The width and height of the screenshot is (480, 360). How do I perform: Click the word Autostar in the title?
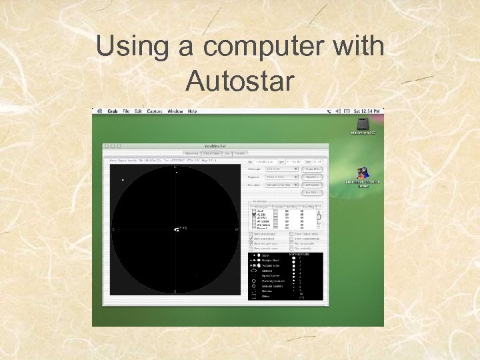[239, 81]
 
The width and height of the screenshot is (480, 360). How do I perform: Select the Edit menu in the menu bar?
[138, 111]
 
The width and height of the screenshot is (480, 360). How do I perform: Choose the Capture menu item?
[155, 111]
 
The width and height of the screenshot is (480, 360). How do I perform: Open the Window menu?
[175, 111]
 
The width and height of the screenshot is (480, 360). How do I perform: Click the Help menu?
[192, 111]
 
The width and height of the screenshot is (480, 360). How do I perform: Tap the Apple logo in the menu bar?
[99, 111]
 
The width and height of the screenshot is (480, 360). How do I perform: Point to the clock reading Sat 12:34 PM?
[367, 111]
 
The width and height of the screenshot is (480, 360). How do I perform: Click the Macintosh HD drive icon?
[363, 125]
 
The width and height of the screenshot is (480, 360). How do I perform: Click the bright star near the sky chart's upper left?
[123, 179]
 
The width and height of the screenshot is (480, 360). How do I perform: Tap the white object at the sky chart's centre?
[176, 229]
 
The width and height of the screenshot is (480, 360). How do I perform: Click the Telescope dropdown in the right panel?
[281, 169]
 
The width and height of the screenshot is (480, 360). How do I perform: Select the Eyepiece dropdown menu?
[281, 177]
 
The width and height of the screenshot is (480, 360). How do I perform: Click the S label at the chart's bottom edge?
[175, 291]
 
